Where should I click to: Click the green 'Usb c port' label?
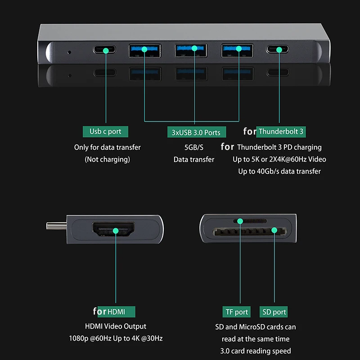(x=105, y=131)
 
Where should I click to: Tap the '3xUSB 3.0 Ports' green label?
(x=196, y=132)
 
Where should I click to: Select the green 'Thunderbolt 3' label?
(x=281, y=131)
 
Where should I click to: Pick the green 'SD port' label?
(x=274, y=312)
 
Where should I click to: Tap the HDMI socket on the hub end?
(x=116, y=230)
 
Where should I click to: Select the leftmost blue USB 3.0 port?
(x=144, y=50)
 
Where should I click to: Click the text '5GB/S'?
(x=194, y=147)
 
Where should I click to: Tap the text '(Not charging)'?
(x=107, y=159)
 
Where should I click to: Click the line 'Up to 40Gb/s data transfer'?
(x=279, y=171)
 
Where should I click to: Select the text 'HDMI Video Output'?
(x=116, y=326)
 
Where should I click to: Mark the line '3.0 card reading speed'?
(x=256, y=351)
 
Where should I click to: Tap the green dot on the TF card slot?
(x=238, y=221)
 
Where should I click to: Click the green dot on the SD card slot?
(x=274, y=230)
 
